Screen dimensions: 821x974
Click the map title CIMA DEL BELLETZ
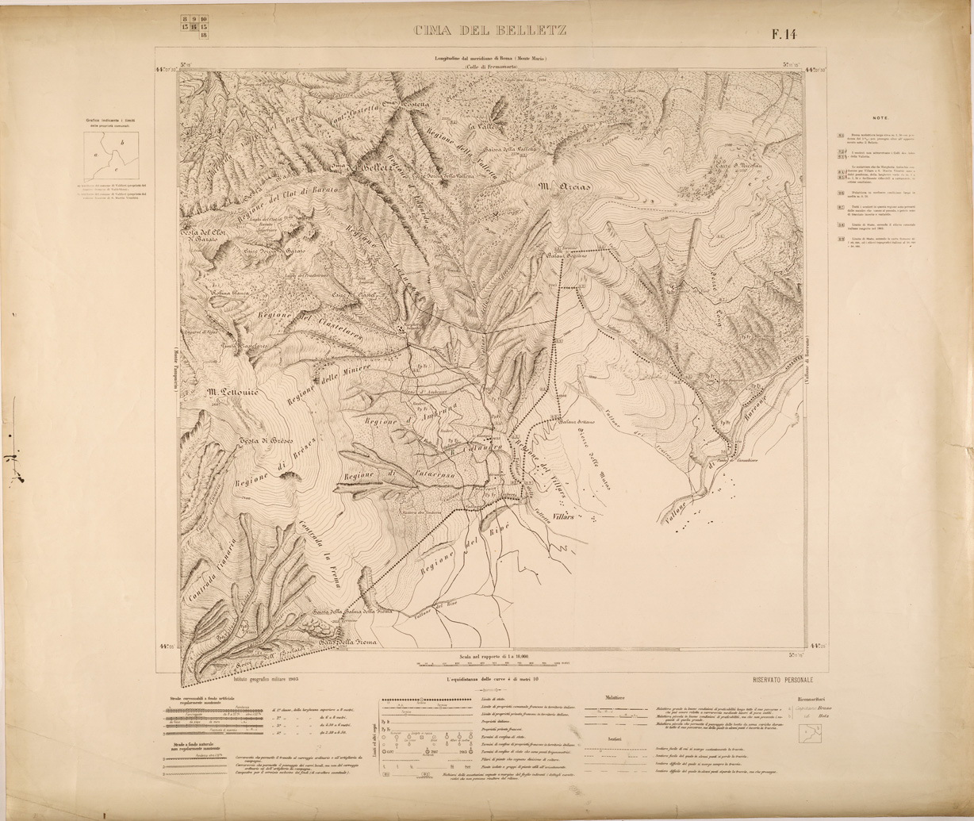489,32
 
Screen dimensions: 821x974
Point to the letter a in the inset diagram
96,155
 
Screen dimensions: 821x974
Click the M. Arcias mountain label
565,187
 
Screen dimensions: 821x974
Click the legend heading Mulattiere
614,698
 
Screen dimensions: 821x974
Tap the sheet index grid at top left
194,27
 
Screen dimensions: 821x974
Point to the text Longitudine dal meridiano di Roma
490,59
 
